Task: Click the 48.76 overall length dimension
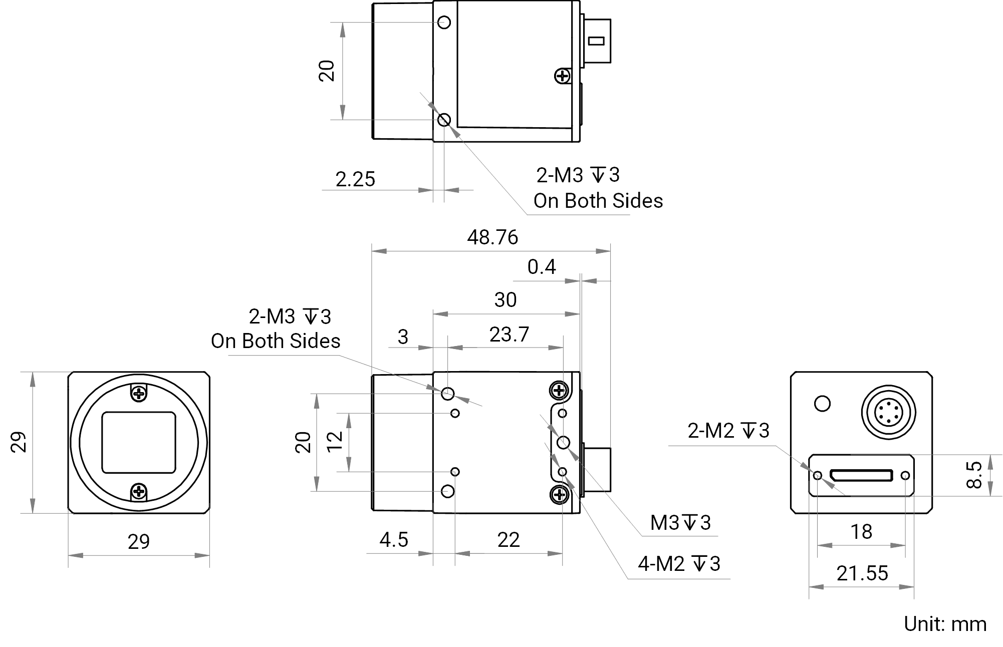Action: point(492,237)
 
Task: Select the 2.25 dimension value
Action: point(355,179)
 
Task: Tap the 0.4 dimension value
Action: point(542,267)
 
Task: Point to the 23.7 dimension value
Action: point(509,335)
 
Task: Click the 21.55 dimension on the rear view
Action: point(862,573)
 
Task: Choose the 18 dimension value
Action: point(861,532)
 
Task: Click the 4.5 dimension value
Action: point(394,540)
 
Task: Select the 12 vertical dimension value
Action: point(335,441)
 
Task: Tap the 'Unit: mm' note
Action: point(945,624)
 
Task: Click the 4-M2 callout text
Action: point(679,564)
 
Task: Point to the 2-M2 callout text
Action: point(728,431)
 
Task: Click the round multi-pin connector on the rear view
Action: point(888,412)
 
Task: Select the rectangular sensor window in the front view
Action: point(139,443)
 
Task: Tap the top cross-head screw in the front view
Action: point(139,394)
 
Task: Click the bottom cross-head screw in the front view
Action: point(139,492)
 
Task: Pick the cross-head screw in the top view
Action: point(563,76)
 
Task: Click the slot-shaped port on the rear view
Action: point(861,475)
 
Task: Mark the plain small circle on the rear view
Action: point(822,404)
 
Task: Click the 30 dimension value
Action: point(505,300)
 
